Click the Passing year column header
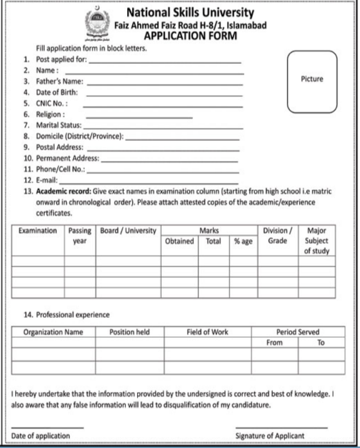(80, 235)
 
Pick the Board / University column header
(128, 231)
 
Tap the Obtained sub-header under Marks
(179, 241)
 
